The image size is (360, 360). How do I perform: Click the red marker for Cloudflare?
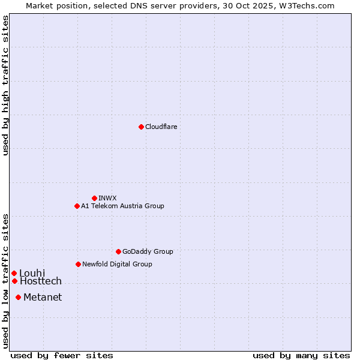click(x=141, y=127)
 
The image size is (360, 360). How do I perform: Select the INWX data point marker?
click(x=94, y=198)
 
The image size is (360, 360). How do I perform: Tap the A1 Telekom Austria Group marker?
click(x=77, y=206)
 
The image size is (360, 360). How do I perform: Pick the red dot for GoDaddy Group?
click(x=118, y=251)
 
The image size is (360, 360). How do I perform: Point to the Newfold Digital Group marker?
click(x=78, y=264)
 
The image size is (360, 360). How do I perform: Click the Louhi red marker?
click(x=14, y=273)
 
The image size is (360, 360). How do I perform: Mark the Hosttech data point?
click(x=14, y=281)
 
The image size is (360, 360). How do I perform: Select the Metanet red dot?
click(x=18, y=297)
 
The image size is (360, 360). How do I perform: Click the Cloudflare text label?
click(x=161, y=127)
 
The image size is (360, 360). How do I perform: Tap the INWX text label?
click(x=107, y=198)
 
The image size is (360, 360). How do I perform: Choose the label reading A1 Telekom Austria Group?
click(x=122, y=206)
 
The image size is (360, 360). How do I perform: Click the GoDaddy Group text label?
click(x=148, y=251)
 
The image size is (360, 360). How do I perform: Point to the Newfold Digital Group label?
click(x=117, y=264)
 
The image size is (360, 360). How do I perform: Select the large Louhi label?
click(x=32, y=273)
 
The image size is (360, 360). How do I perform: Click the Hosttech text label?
click(x=41, y=281)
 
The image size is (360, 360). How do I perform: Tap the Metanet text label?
click(x=43, y=297)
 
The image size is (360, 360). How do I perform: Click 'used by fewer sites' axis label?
click(x=62, y=355)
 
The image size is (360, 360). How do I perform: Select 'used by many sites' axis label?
click(x=301, y=355)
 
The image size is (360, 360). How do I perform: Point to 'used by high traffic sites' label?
click(x=5, y=85)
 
